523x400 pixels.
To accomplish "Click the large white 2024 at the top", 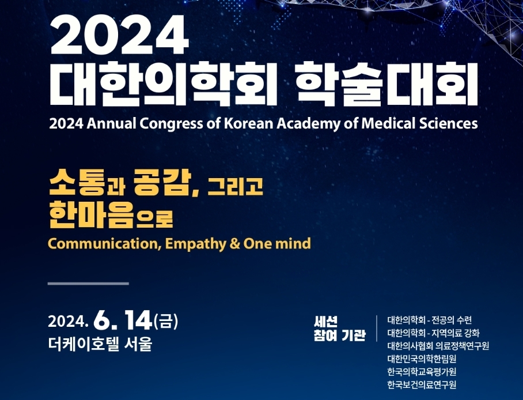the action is [x=120, y=35].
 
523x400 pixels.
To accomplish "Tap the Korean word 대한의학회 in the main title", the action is [x=164, y=82].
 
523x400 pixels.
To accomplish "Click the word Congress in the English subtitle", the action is [x=170, y=124].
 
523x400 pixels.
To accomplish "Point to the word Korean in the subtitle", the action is [x=249, y=124].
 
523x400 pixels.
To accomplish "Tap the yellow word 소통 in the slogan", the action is [x=77, y=182].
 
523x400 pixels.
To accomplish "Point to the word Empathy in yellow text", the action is [x=195, y=244].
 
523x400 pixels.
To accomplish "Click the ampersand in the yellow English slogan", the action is [x=234, y=244].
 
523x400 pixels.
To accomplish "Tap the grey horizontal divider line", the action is [x=88, y=284].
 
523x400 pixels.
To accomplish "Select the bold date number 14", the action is [x=138, y=320].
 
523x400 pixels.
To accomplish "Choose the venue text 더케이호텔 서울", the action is [x=100, y=344].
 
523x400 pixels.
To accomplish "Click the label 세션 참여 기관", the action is [x=339, y=328].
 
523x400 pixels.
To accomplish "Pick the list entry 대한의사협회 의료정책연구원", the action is [x=438, y=346].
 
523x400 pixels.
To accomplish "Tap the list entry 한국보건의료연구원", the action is [x=422, y=384].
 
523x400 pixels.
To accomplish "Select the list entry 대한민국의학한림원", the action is [x=422, y=359].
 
